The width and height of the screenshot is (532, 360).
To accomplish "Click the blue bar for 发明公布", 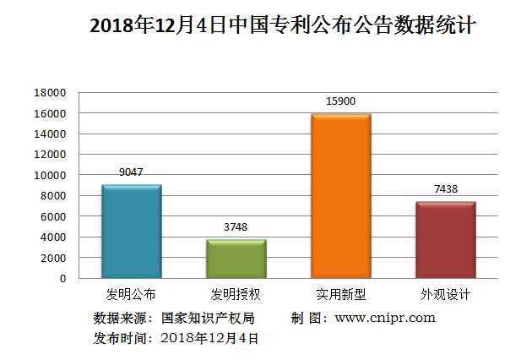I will [x=131, y=232].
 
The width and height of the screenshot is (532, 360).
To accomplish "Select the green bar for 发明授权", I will [x=236, y=259].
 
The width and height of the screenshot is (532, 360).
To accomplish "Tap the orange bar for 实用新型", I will [x=340, y=196].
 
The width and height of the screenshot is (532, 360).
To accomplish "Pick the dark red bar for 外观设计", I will [x=445, y=240].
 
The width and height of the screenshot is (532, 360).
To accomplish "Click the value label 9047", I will [x=131, y=172].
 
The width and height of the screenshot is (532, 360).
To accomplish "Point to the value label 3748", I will [x=236, y=226].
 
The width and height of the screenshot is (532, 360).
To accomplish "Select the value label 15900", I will [x=340, y=101].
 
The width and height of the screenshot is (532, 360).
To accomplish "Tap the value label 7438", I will [x=445, y=188].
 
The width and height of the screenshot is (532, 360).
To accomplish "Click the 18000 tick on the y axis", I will [x=50, y=92].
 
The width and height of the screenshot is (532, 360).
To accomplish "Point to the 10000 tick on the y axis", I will [x=50, y=175].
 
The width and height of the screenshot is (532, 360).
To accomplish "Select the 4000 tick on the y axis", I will [x=52, y=237].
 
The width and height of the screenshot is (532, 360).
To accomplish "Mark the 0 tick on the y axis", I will [x=62, y=278].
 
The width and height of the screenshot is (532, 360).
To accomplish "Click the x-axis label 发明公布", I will [x=131, y=295].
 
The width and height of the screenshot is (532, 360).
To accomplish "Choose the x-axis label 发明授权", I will [x=236, y=295].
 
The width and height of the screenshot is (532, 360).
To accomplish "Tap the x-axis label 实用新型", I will [x=340, y=295].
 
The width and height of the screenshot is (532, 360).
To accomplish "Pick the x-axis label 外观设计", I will [x=445, y=295].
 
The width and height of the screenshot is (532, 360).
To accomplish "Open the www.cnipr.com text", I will [x=385, y=318].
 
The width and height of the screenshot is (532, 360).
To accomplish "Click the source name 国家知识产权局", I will [x=208, y=318].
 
